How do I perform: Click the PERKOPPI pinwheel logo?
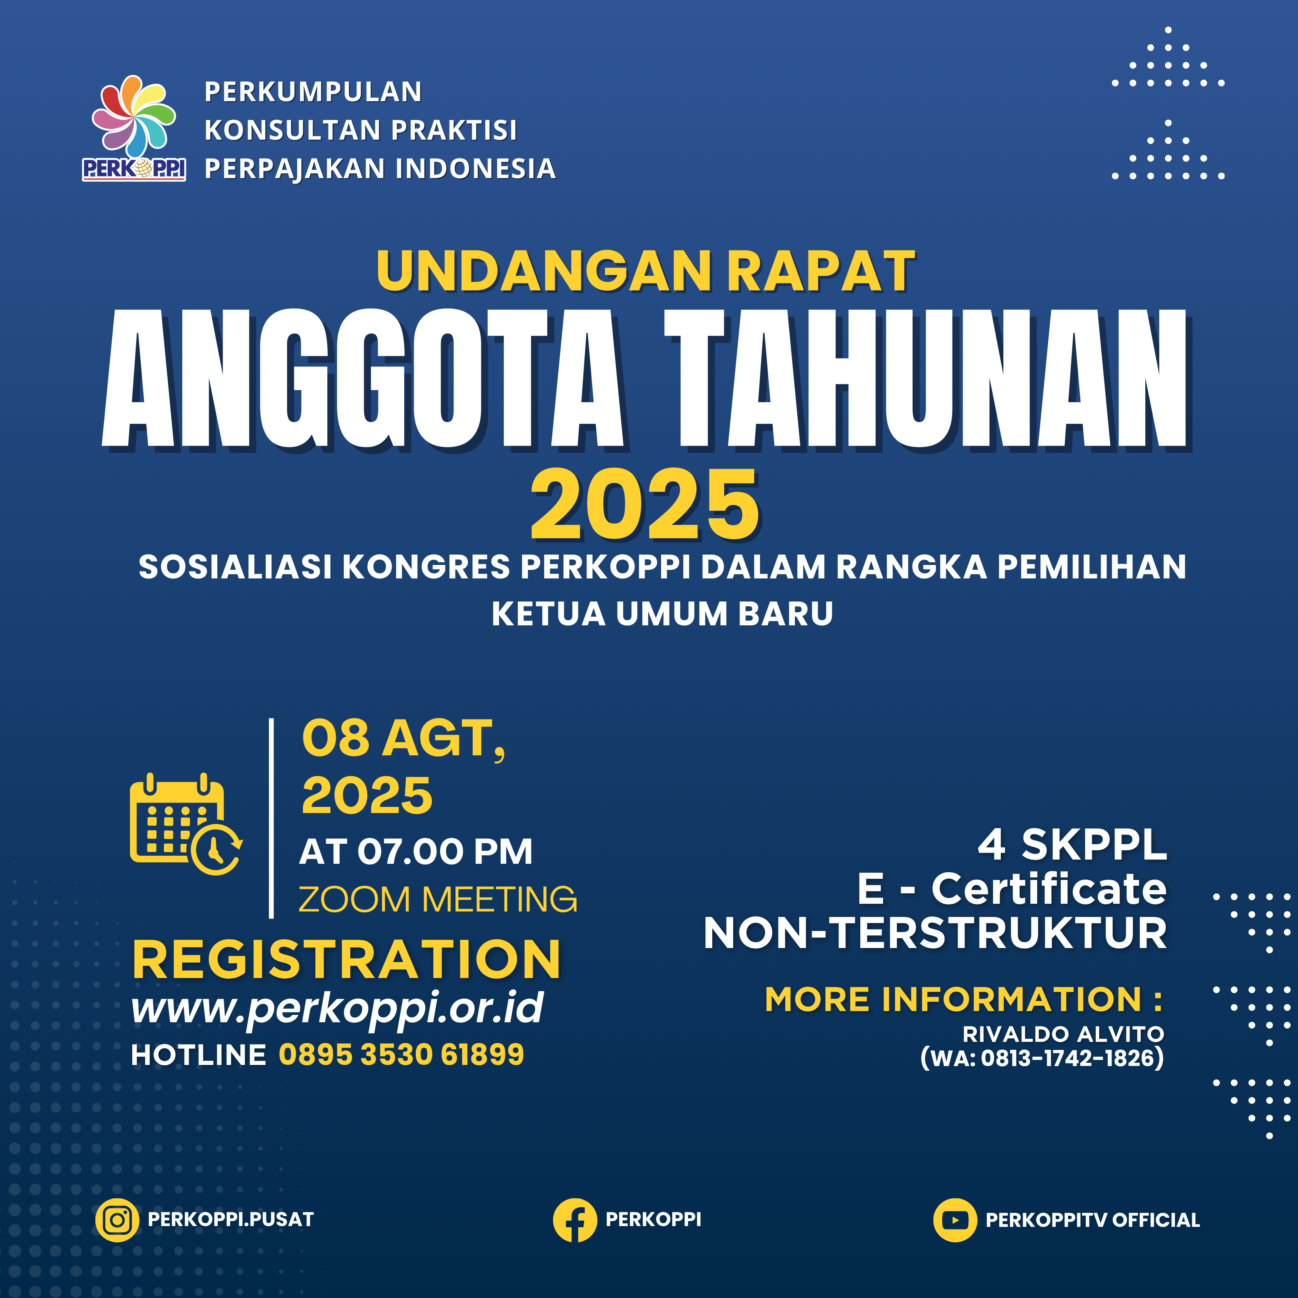coord(134,128)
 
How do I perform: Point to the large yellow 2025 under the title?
coord(645,505)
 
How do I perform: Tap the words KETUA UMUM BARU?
coord(662,613)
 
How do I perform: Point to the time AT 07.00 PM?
coord(416,852)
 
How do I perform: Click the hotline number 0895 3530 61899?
coord(401,1055)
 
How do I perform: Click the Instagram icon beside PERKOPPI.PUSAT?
coord(118,1220)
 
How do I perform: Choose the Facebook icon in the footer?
coord(575,1220)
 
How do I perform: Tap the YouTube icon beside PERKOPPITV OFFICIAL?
coord(955,1220)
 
